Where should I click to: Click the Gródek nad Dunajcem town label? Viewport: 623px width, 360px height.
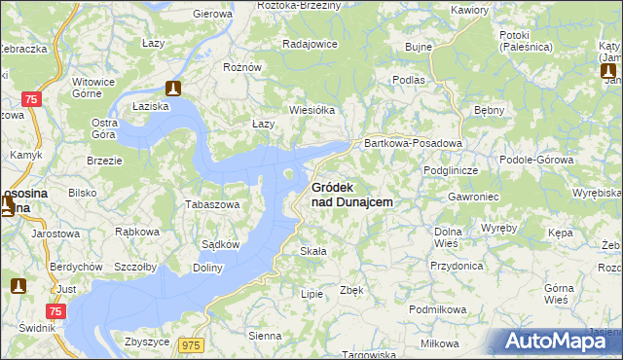351,194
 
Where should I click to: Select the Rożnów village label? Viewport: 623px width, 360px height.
242,67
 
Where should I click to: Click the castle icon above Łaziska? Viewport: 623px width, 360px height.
173,88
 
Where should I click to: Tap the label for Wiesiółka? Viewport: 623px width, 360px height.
311,110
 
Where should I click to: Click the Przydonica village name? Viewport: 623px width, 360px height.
457,265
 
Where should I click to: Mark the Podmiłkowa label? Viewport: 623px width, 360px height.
438,308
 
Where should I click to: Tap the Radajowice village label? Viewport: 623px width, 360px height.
310,44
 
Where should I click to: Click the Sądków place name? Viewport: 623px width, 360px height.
220,245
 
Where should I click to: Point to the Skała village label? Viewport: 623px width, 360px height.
312,251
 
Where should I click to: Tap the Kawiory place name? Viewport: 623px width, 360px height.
470,10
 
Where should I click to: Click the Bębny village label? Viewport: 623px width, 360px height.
488,110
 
